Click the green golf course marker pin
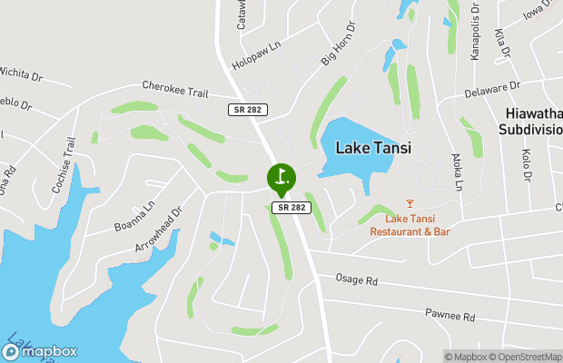coord(281,177)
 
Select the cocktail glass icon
coord(410,203)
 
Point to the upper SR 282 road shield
coord(242,109)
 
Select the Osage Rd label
coord(356,280)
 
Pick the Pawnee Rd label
coord(449,316)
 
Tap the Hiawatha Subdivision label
coord(534,122)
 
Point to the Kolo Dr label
coord(526,167)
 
